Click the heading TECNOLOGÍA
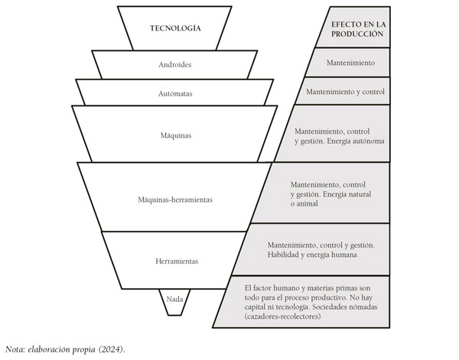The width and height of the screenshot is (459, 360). pyautogui.click(x=176, y=28)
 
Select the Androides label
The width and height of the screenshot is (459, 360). pyautogui.click(x=175, y=65)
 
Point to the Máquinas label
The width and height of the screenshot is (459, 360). pyautogui.click(x=175, y=135)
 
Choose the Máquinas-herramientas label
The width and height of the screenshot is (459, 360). pyautogui.click(x=175, y=199)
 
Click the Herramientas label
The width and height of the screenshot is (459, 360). pyautogui.click(x=175, y=261)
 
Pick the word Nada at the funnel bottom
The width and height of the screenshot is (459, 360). pyautogui.click(x=175, y=298)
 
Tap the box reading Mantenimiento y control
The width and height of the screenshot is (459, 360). pyautogui.click(x=344, y=91)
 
